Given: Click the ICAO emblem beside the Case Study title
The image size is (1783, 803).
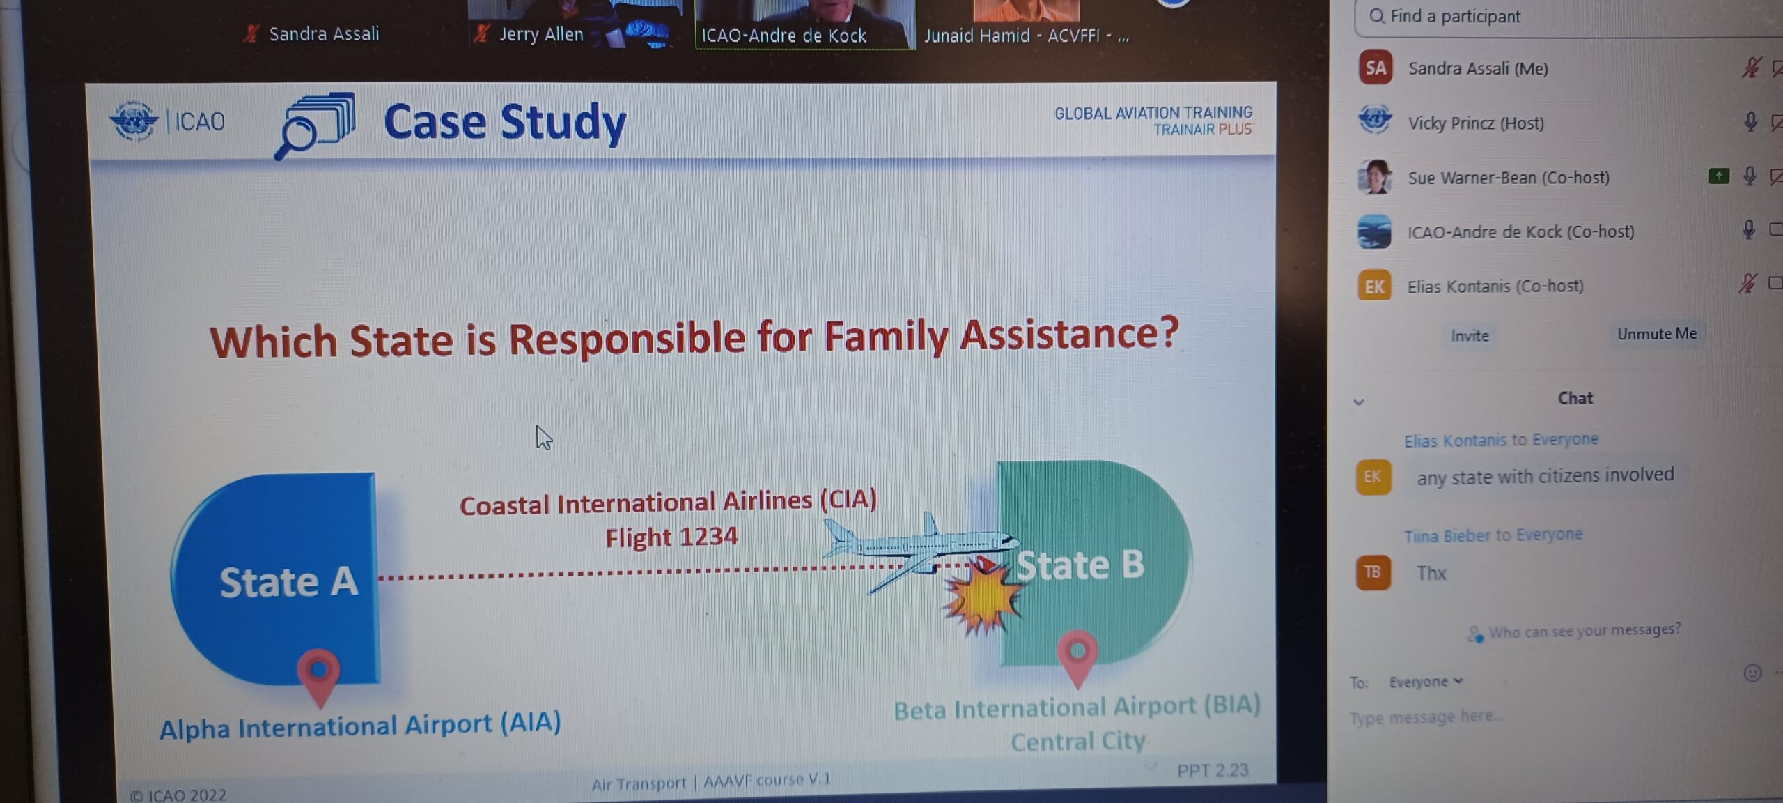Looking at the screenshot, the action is [134, 121].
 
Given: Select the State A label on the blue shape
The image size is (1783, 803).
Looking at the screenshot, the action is [288, 582].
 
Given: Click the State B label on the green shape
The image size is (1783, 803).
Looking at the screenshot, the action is [1080, 565].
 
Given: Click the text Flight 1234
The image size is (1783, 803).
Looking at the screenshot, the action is [671, 537].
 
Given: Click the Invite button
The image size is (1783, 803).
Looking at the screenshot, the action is [1470, 336].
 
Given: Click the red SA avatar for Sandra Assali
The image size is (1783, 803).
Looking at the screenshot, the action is [1376, 68].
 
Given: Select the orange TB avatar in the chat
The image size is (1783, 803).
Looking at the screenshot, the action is [1373, 572].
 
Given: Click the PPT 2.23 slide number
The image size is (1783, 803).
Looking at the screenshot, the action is [1213, 770].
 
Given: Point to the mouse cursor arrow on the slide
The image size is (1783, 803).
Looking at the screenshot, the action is [543, 438].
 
